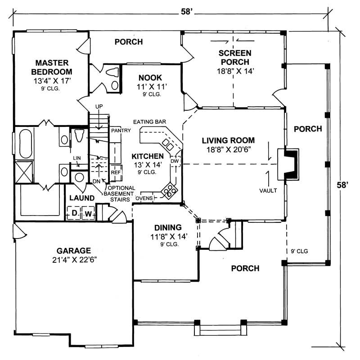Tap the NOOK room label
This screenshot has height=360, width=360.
click(x=150, y=77)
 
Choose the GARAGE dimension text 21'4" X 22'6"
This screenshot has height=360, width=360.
click(x=74, y=260)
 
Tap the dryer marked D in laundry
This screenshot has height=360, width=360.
click(x=73, y=213)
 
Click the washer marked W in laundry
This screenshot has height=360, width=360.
click(x=88, y=213)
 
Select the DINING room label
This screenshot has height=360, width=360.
click(x=167, y=227)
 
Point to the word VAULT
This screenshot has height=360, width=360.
click(x=268, y=190)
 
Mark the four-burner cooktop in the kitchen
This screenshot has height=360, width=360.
click(x=169, y=191)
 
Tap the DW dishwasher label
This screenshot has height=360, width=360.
click(x=175, y=161)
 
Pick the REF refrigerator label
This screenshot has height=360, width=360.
click(x=116, y=172)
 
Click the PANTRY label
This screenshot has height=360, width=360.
click(x=121, y=131)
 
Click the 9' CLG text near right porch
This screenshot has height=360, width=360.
click(x=299, y=251)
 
